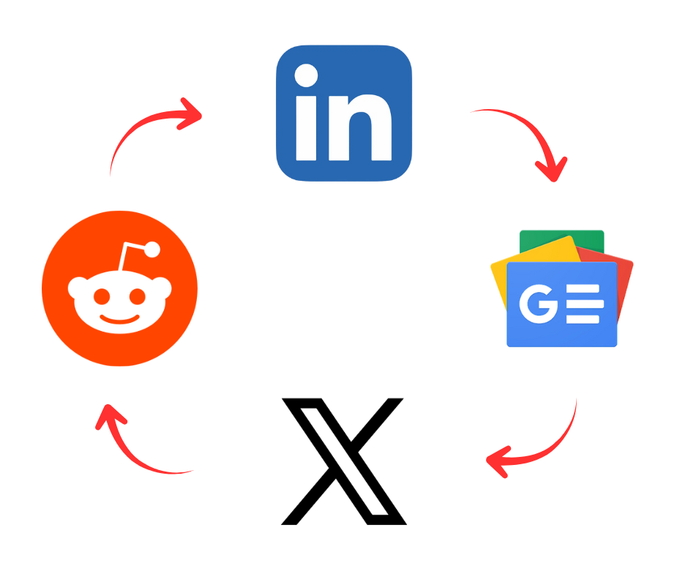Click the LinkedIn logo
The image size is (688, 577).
click(344, 113)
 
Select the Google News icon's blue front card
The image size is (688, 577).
click(561, 305)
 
